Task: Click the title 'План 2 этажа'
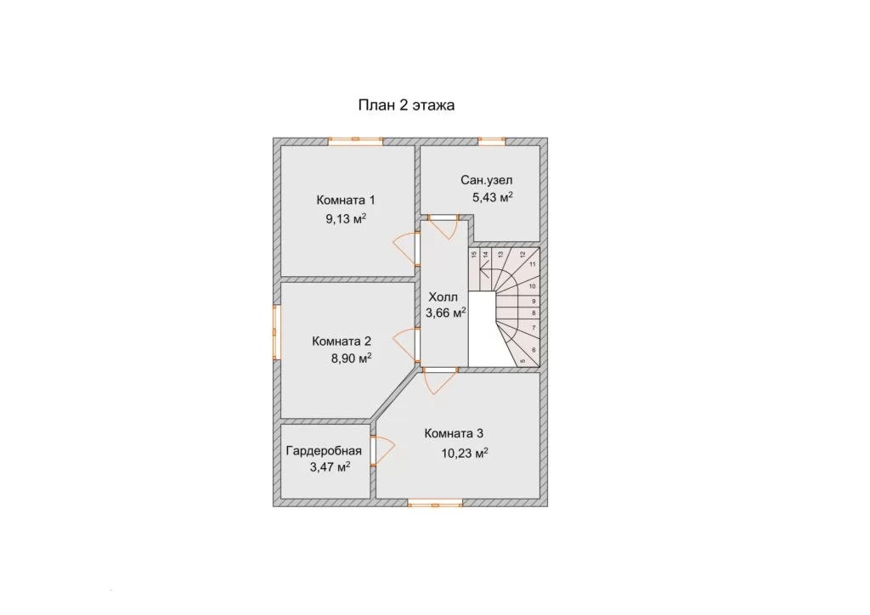[x=406, y=105]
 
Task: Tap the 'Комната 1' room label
[x=346, y=200]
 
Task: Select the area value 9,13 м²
[x=346, y=219]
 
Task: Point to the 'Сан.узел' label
[x=487, y=180]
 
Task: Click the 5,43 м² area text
[x=492, y=197]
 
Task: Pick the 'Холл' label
[x=443, y=298]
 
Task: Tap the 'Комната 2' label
[x=342, y=341]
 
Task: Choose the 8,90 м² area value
[x=351, y=358]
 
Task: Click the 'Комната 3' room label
[x=454, y=434]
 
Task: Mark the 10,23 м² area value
[x=465, y=453]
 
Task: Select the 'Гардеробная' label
[x=324, y=451]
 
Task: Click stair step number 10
[x=532, y=287]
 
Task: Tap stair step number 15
[x=474, y=255]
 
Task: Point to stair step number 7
[x=534, y=328]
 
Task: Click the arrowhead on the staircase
[x=483, y=273]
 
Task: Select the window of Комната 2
[x=276, y=331]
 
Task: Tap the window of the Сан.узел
[x=492, y=141]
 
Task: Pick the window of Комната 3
[x=435, y=503]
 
